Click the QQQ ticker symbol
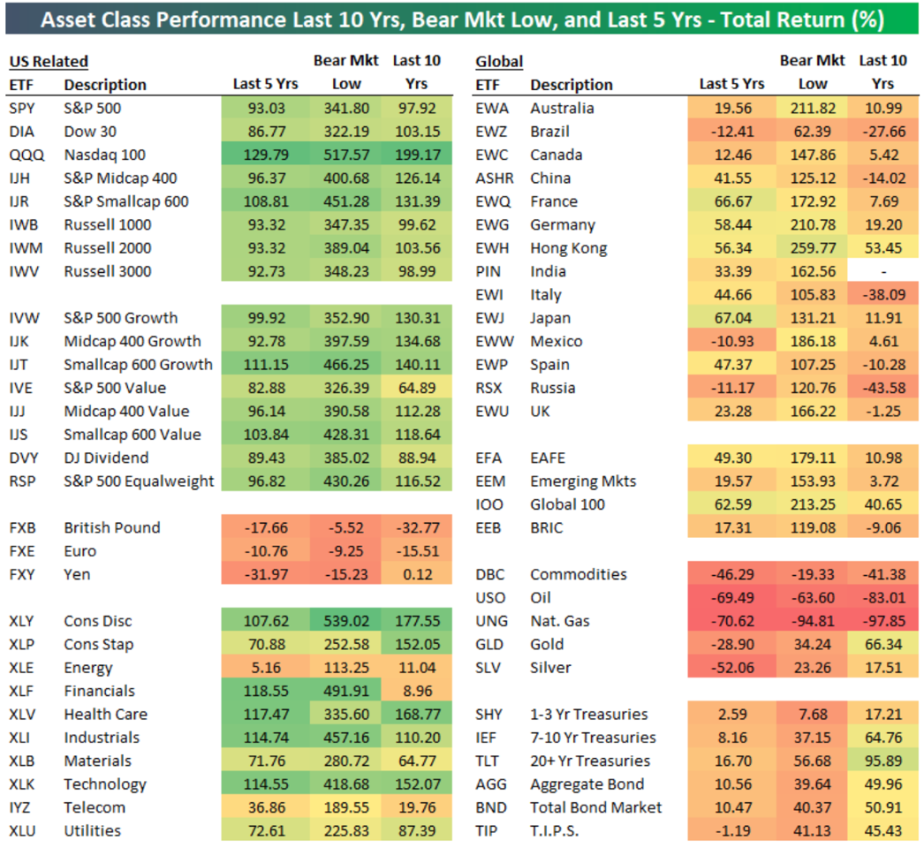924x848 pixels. click(x=21, y=155)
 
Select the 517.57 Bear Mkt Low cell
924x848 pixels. click(x=346, y=155)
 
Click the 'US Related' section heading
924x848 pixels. click(x=49, y=61)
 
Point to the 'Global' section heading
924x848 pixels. click(x=499, y=61)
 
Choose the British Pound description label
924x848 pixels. click(x=112, y=527)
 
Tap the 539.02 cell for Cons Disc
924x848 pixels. click(x=346, y=621)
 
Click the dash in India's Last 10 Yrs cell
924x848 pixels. click(x=883, y=271)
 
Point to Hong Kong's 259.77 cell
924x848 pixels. click(x=813, y=248)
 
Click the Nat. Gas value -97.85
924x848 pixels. click(x=883, y=621)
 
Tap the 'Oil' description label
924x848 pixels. click(x=542, y=598)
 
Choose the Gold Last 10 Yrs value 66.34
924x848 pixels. click(x=883, y=644)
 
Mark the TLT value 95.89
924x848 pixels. click(x=883, y=761)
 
